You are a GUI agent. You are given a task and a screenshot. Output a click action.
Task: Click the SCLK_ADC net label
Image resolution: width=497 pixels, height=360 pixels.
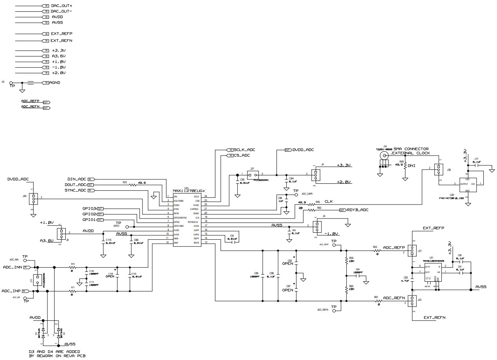(245, 150)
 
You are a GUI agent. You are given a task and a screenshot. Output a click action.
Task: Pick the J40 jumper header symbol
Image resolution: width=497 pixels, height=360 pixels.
(34, 199)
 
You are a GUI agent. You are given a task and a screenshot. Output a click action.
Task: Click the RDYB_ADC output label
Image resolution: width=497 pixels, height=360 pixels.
(357, 210)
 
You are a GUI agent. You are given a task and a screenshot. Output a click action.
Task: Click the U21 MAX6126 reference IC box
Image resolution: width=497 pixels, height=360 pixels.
(432, 275)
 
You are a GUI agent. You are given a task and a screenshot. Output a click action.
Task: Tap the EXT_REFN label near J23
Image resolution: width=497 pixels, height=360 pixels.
(434, 317)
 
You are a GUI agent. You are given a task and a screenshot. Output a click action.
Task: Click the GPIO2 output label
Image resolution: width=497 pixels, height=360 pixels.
(89, 214)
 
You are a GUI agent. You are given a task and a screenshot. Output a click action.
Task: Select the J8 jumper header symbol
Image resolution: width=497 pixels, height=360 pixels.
(61, 234)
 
